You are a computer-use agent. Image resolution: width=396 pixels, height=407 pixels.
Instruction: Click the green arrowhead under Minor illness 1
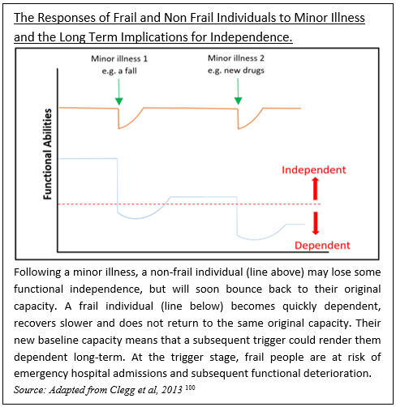[118, 101]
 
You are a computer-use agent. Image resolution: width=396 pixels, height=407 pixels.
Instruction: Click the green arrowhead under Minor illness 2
[238, 101]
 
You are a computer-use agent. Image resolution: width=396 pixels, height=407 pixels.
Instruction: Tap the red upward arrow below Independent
[315, 189]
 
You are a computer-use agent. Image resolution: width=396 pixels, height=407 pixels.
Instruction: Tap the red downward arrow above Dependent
[316, 223]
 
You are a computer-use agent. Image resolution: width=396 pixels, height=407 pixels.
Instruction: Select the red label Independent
[314, 170]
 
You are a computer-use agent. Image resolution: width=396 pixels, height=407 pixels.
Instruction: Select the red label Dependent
[322, 246]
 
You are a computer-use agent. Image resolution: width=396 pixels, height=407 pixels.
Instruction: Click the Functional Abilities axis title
[48, 154]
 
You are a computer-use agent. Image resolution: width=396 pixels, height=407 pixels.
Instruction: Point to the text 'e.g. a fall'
[119, 71]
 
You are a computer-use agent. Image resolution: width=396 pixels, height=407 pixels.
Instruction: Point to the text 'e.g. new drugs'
[236, 71]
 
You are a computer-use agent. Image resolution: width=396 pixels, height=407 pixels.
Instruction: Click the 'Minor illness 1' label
[119, 58]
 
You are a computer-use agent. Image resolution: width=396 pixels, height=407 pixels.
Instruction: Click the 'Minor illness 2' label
[236, 58]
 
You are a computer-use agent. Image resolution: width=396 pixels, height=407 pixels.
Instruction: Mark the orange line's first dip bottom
[118, 128]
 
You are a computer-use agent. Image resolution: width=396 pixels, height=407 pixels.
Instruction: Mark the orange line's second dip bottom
[239, 129]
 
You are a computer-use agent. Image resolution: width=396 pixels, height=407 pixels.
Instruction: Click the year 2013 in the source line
[172, 390]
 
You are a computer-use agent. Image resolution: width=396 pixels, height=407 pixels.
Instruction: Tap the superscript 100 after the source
[190, 388]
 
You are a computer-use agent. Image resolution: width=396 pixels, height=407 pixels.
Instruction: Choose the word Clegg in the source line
[122, 390]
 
